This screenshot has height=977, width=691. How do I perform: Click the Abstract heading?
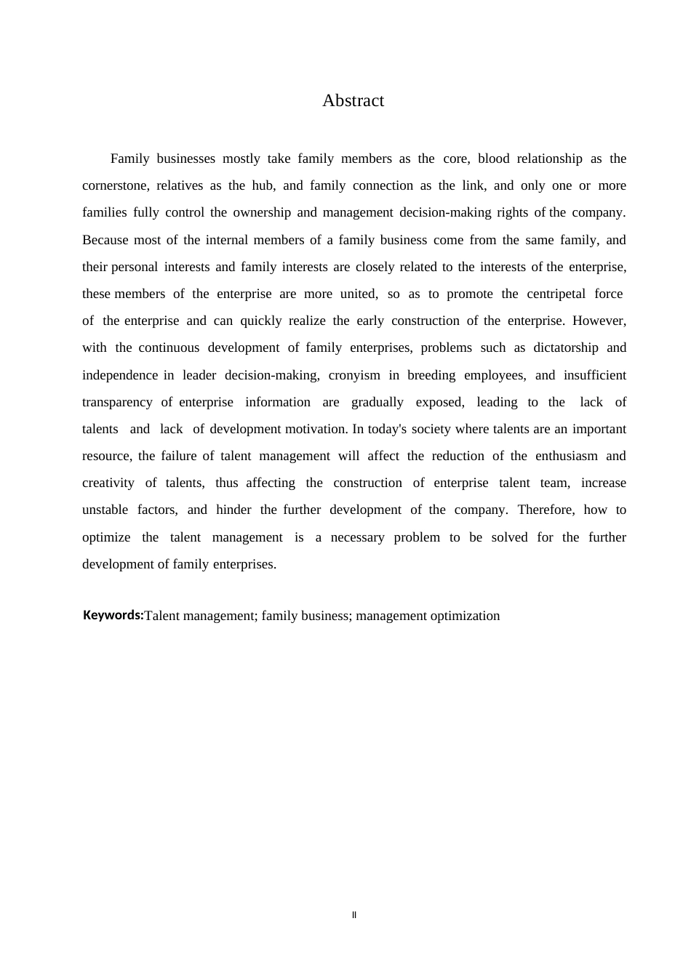(353, 100)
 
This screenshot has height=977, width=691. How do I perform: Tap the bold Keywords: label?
(113, 615)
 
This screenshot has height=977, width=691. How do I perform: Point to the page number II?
(354, 915)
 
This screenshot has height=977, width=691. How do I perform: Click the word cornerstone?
(116, 185)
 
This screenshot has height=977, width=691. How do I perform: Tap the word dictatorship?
(566, 347)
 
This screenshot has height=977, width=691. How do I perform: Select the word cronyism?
(354, 375)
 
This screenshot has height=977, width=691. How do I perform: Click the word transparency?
(117, 402)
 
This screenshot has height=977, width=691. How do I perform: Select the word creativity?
(108, 483)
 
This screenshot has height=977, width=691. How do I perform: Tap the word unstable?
(105, 510)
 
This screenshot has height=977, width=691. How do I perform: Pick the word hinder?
(233, 510)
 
